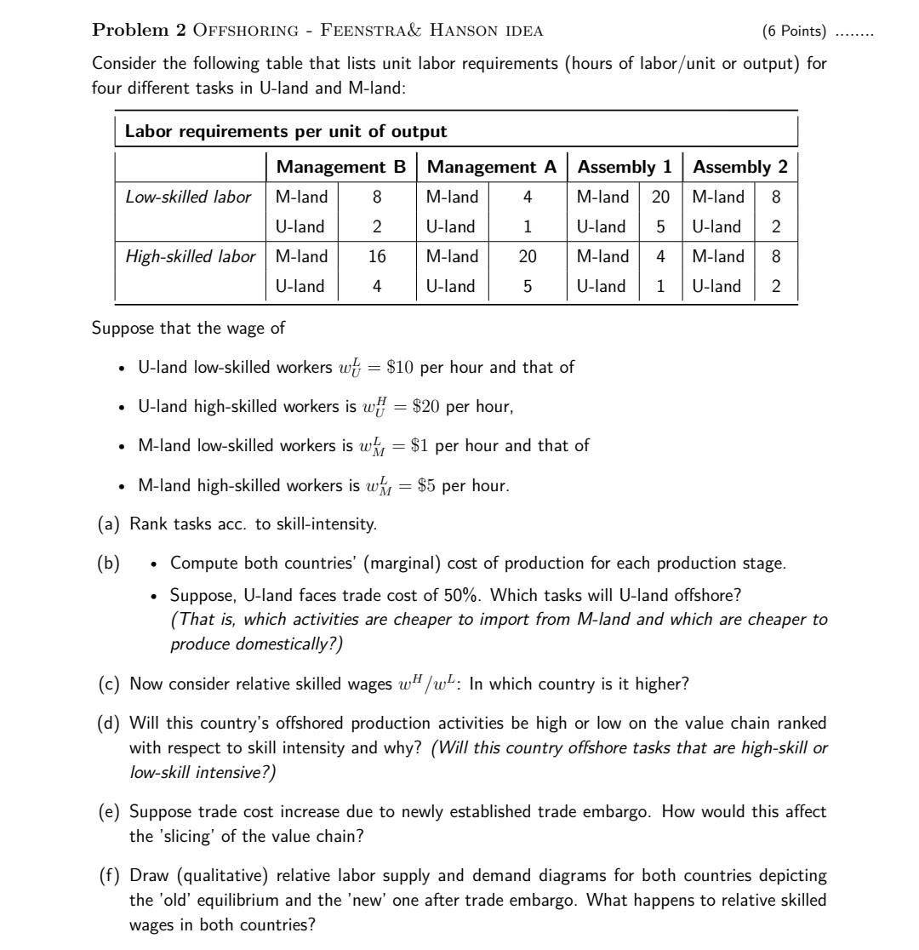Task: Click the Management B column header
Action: [341, 167]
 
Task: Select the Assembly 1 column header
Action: [625, 167]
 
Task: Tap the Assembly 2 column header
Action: [740, 167]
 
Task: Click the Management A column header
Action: [492, 167]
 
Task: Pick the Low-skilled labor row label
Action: [188, 197]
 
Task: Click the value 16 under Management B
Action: [377, 256]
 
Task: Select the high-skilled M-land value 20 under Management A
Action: [528, 256]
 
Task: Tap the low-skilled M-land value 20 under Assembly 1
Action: [660, 197]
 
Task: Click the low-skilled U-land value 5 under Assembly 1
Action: [660, 227]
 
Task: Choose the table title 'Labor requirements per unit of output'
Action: [286, 131]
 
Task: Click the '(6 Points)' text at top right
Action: [794, 31]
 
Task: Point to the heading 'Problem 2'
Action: [139, 31]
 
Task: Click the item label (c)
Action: [109, 684]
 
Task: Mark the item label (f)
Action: [109, 876]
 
